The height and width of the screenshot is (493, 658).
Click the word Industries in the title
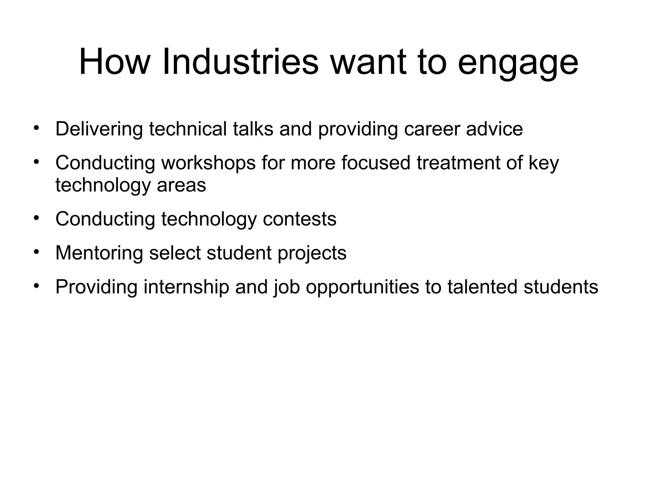240,62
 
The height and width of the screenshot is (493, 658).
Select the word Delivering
99,129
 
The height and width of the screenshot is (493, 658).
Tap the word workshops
208,163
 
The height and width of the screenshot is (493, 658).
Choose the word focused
376,163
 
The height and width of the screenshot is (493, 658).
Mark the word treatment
458,163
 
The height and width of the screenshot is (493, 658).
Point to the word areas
181,185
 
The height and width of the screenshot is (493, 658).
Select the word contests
299,219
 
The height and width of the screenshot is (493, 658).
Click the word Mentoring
99,253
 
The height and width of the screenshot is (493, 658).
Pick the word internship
186,287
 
